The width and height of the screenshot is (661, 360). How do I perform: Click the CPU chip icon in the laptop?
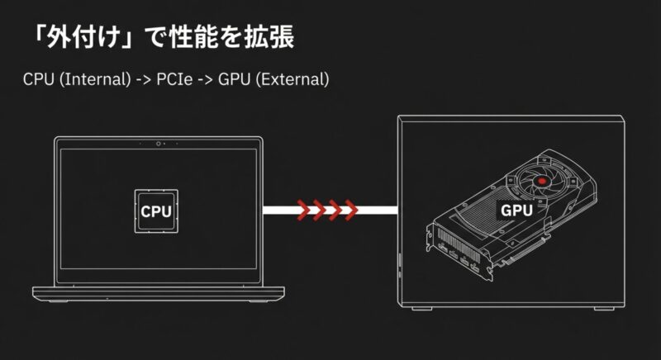tap(156, 211)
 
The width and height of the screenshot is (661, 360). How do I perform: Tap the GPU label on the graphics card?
tap(516, 210)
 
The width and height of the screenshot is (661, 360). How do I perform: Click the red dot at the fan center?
tap(542, 181)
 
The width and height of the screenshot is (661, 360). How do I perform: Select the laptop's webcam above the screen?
tap(158, 144)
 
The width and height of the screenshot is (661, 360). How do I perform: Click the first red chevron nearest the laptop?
tap(304, 210)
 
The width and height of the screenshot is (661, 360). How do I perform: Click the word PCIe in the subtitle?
tap(174, 79)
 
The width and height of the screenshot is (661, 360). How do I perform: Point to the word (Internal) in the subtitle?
tap(95, 79)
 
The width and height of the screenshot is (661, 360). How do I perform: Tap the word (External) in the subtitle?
tap(292, 79)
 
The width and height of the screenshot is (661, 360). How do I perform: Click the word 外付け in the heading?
tap(84, 36)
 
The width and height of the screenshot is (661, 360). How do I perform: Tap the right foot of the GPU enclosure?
tap(604, 309)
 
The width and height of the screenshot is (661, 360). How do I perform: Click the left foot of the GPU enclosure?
tap(421, 309)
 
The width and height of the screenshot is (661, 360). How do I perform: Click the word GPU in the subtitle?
tap(234, 79)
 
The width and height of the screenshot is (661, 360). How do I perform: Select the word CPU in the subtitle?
tap(39, 79)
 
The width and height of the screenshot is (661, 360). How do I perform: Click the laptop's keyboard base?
tap(159, 293)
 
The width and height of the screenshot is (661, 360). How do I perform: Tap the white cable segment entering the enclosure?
tap(378, 210)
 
